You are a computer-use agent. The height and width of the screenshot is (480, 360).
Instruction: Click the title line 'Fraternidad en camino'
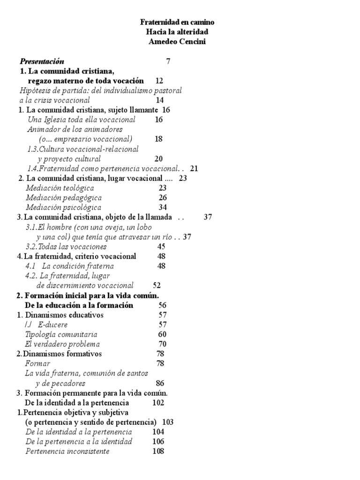[x=178, y=22]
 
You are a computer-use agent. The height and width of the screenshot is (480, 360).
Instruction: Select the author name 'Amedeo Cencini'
[x=178, y=41]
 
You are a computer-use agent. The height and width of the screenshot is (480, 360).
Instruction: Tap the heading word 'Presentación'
[x=42, y=61]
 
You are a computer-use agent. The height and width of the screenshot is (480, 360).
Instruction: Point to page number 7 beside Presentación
[x=168, y=61]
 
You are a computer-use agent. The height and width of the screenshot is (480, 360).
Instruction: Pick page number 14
[x=160, y=100]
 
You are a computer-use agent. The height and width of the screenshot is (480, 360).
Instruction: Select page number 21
[x=195, y=168]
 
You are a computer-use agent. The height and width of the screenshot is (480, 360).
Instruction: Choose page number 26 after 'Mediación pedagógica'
[x=163, y=198]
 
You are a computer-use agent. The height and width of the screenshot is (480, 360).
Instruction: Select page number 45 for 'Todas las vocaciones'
[x=161, y=247]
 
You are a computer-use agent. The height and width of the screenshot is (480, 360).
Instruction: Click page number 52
[x=157, y=285]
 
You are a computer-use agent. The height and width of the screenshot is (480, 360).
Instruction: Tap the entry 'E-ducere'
[x=53, y=324]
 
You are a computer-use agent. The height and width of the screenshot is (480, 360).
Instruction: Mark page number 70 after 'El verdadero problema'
[x=162, y=344]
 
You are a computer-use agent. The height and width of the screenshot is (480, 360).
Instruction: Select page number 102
[x=158, y=403]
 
